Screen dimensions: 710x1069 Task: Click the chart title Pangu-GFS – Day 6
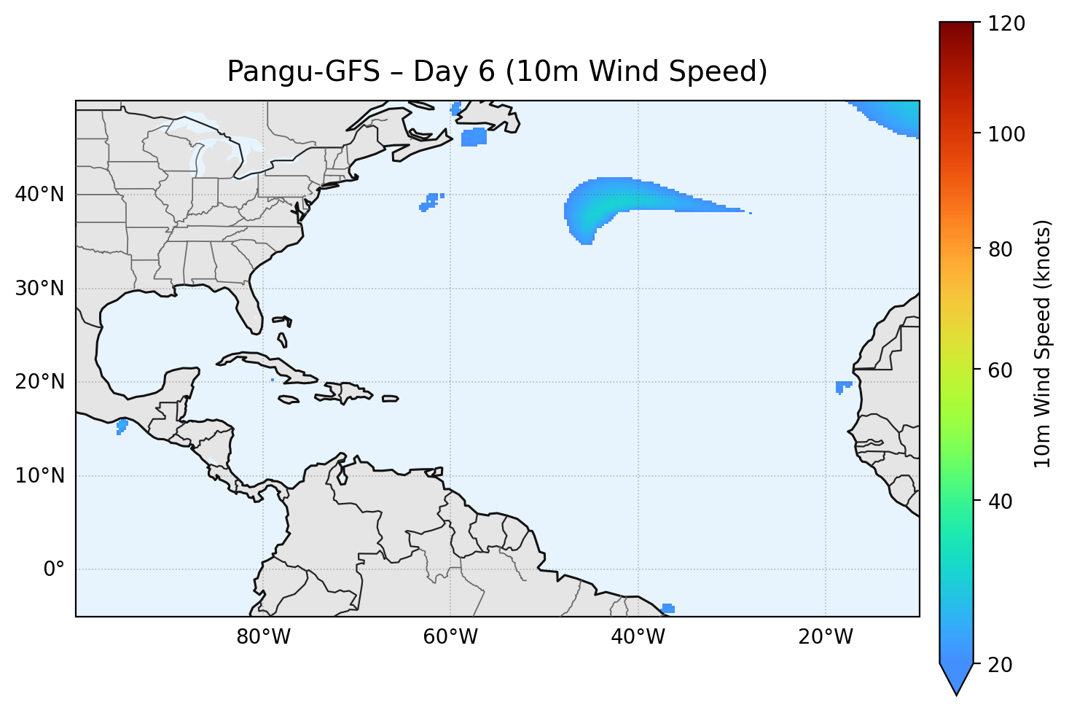[x=497, y=71]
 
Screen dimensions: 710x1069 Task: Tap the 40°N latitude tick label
[x=39, y=195]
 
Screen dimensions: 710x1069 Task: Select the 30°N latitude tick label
[x=39, y=289]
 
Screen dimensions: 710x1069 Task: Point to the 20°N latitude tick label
[x=39, y=382]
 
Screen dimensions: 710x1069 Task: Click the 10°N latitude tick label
[x=39, y=476]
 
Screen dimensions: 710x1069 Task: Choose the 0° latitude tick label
[x=53, y=569]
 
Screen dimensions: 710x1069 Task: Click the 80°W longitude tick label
[x=263, y=637]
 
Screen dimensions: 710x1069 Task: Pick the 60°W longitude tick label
[x=450, y=637]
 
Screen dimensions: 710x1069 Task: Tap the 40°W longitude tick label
[x=638, y=637]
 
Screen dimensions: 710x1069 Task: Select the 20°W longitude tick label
[x=825, y=637]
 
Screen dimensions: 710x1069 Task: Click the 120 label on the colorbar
[x=1007, y=23]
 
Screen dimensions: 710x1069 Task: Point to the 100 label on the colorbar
[x=1007, y=134]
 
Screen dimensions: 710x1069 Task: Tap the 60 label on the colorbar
[x=1002, y=370]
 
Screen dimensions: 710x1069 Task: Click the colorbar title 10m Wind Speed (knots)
[x=1043, y=343]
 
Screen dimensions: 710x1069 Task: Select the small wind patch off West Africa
[x=842, y=386]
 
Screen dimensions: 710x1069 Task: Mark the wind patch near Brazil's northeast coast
[x=667, y=609]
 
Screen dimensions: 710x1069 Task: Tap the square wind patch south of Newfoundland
[x=474, y=136]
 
